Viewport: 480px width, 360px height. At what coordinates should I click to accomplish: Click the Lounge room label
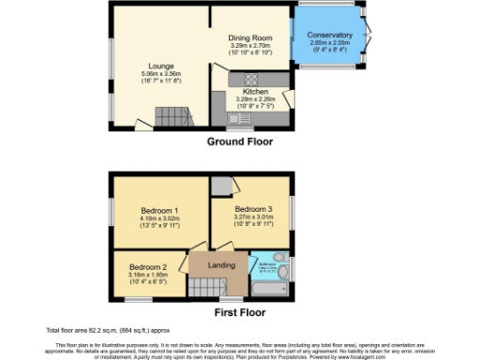(x=156, y=65)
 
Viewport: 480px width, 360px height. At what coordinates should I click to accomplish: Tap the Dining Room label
(x=251, y=37)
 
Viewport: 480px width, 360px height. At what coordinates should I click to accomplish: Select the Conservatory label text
(x=330, y=35)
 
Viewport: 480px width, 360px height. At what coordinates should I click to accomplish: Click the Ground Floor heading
(x=239, y=142)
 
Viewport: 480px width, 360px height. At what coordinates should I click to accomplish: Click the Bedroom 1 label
(x=159, y=210)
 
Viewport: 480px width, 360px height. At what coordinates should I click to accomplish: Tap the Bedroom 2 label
(x=149, y=265)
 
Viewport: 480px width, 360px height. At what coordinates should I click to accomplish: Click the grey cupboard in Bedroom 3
(x=221, y=186)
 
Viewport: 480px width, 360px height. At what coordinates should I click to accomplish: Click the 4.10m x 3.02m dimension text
(x=159, y=218)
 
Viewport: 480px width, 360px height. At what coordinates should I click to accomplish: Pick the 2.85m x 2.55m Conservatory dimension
(x=330, y=43)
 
